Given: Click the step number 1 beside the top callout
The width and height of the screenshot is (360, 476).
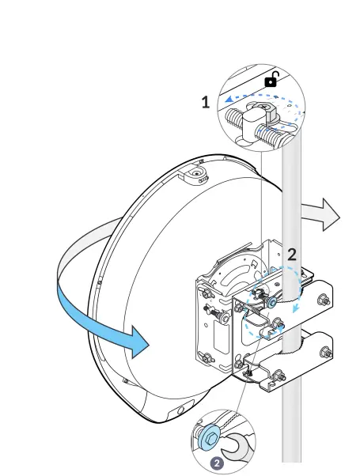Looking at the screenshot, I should point(206,102).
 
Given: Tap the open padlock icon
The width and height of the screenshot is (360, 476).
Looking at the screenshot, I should point(271,78).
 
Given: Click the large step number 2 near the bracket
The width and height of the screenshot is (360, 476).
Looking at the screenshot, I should point(292,255).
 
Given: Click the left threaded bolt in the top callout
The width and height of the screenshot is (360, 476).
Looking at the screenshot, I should point(237,121).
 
